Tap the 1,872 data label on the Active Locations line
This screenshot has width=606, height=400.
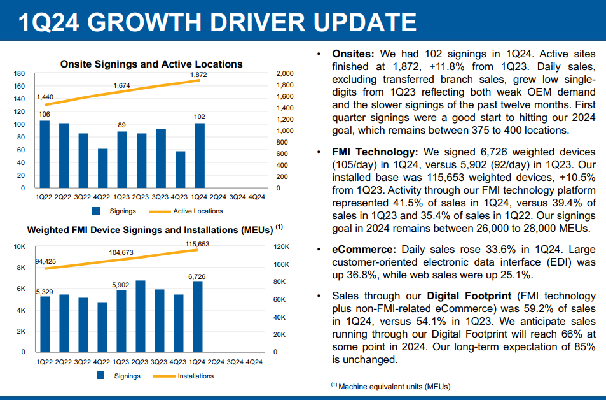[x=198, y=75]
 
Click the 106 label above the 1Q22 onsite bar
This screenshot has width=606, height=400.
[x=44, y=114]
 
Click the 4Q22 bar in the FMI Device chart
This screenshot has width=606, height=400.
[x=102, y=327]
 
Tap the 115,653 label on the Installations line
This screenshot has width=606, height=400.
[x=198, y=244]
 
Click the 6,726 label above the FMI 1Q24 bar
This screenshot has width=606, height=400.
[x=198, y=276]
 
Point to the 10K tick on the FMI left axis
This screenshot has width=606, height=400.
[x=20, y=246]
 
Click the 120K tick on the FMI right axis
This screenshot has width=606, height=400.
[x=281, y=246]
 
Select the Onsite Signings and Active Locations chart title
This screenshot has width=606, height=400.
[x=151, y=64]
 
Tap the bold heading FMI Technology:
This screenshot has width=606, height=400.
[x=375, y=152]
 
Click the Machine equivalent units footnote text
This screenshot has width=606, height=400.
[x=394, y=386]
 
